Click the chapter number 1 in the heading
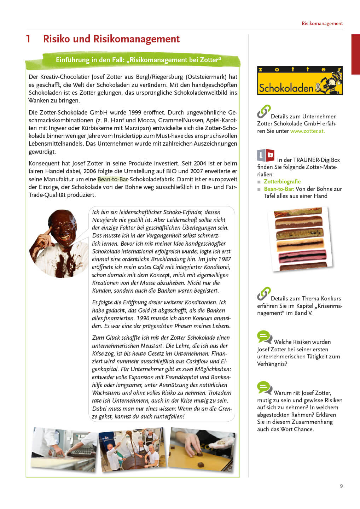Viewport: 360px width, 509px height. coord(28,39)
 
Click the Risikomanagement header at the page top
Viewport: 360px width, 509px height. coord(322,23)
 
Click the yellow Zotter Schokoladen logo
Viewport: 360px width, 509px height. coord(300,81)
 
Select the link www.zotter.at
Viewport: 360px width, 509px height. coord(307,131)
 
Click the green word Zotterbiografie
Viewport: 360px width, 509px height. coord(282,181)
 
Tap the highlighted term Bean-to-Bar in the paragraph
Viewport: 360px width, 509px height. coord(112,179)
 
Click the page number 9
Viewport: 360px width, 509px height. coord(341,486)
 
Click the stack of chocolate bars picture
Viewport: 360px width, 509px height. coord(301,239)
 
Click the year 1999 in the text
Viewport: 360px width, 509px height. coord(135,112)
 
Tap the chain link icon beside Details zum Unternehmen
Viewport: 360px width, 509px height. coord(264,111)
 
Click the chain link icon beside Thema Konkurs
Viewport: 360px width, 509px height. coord(264,294)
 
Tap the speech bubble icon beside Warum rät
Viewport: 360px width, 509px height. coord(265,388)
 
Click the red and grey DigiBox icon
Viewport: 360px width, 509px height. coord(266,156)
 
